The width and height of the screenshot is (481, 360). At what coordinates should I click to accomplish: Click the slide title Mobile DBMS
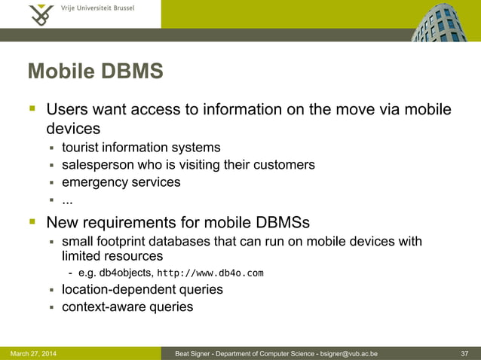[95, 72]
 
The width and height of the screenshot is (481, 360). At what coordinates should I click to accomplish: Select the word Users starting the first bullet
[67, 110]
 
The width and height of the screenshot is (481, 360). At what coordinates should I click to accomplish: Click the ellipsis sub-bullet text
[72, 200]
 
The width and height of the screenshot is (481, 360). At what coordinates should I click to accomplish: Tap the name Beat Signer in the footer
[195, 353]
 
